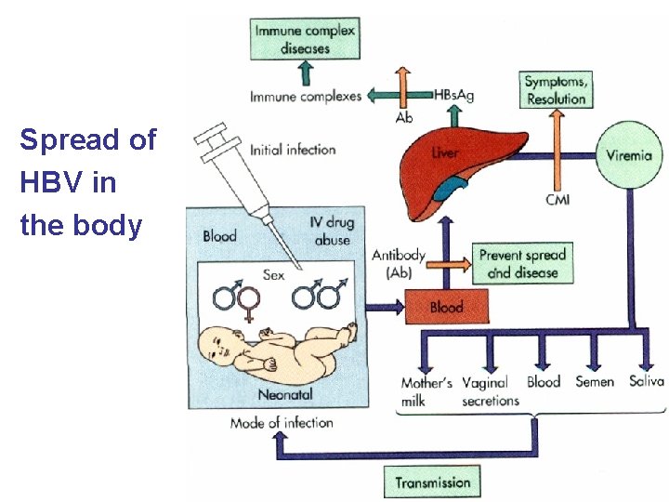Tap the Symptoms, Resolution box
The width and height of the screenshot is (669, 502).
[556, 90]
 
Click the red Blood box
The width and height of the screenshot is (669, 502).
[445, 307]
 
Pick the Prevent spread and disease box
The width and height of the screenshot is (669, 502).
[522, 263]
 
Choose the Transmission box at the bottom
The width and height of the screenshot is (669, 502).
[433, 482]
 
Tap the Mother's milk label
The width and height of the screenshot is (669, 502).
[426, 391]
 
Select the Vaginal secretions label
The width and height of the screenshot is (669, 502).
[490, 391]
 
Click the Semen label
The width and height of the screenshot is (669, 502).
[595, 382]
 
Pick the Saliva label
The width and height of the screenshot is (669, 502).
[646, 381]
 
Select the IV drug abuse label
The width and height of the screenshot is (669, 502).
[331, 231]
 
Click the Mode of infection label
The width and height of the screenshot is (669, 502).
[282, 423]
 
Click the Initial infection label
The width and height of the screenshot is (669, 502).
[293, 150]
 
